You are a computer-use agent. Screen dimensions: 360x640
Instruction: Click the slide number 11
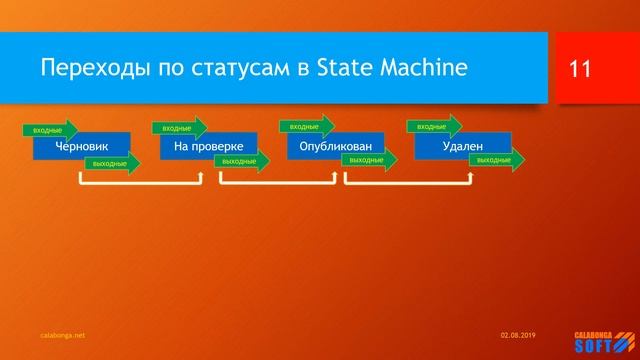(x=580, y=69)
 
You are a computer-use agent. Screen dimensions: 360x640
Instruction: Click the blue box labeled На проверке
(x=208, y=147)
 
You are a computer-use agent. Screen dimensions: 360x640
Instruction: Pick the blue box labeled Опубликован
(x=335, y=147)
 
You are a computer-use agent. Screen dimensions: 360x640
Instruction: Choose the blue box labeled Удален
(x=462, y=147)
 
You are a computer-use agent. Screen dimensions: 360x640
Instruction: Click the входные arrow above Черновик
(x=49, y=130)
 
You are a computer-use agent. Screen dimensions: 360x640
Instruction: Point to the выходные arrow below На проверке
(x=241, y=161)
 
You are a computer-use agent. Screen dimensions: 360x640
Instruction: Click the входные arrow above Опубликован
(x=306, y=127)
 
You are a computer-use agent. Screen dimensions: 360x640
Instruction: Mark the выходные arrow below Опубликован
(x=369, y=160)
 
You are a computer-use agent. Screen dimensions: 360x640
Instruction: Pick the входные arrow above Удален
(x=433, y=127)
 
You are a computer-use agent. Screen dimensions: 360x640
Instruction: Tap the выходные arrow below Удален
(x=496, y=160)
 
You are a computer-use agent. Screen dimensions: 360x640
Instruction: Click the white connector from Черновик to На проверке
(x=140, y=185)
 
